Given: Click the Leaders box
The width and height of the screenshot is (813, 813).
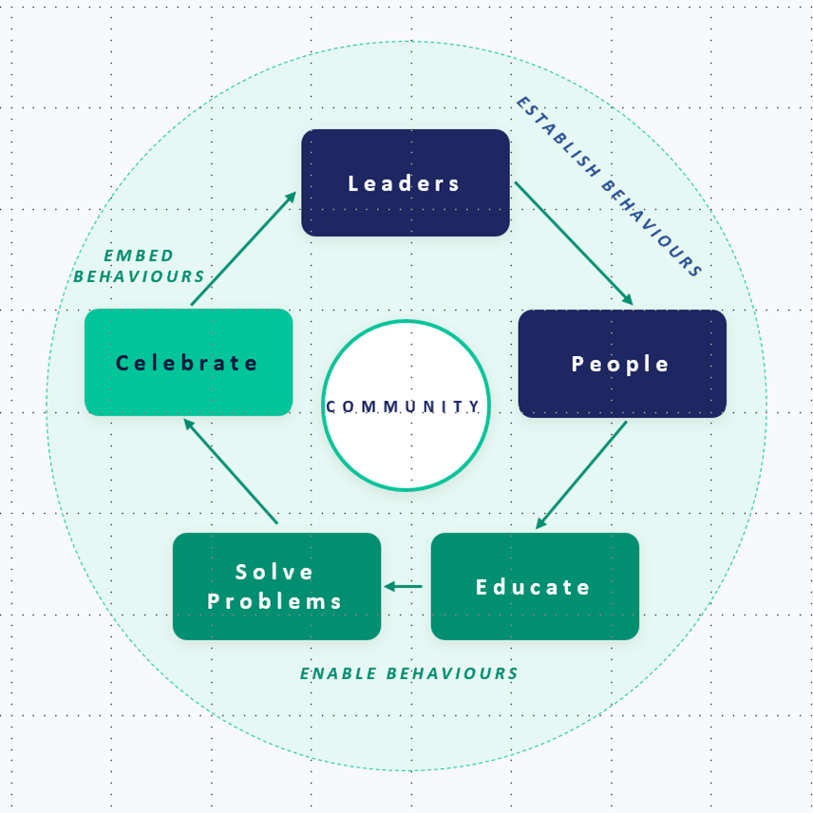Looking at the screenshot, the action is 406,182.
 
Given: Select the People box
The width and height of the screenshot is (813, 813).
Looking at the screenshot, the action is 622,364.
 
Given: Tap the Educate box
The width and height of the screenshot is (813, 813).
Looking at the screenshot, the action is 535,586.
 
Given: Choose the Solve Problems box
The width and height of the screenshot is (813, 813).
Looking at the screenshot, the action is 277,586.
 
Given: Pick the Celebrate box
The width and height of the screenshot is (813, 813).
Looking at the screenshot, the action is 189,362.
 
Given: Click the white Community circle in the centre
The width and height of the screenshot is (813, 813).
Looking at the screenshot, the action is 406,405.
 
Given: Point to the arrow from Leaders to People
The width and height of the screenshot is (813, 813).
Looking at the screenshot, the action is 574,243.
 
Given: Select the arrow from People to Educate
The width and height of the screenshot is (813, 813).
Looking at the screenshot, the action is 581,475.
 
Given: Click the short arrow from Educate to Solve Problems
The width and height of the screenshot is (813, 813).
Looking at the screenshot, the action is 403,586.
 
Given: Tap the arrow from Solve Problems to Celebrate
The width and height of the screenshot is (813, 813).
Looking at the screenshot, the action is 231,471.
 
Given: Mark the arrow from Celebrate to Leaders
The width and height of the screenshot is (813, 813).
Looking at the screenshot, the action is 243,248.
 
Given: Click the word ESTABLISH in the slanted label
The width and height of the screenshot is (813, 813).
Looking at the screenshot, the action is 558,137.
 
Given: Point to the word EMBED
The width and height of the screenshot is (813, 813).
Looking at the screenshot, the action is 139,255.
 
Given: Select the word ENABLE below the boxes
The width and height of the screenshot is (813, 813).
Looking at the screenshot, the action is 338,673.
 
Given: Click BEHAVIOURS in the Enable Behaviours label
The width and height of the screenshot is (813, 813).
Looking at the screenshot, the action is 452,673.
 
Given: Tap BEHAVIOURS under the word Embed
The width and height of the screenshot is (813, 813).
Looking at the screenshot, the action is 139,276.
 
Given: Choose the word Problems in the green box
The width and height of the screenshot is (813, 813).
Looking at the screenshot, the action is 274,601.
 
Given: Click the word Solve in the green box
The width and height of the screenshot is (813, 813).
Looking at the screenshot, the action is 274,572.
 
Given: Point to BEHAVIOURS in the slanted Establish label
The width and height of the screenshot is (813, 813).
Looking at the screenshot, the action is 652,229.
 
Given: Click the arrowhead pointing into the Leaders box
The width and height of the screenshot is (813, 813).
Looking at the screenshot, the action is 291,197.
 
